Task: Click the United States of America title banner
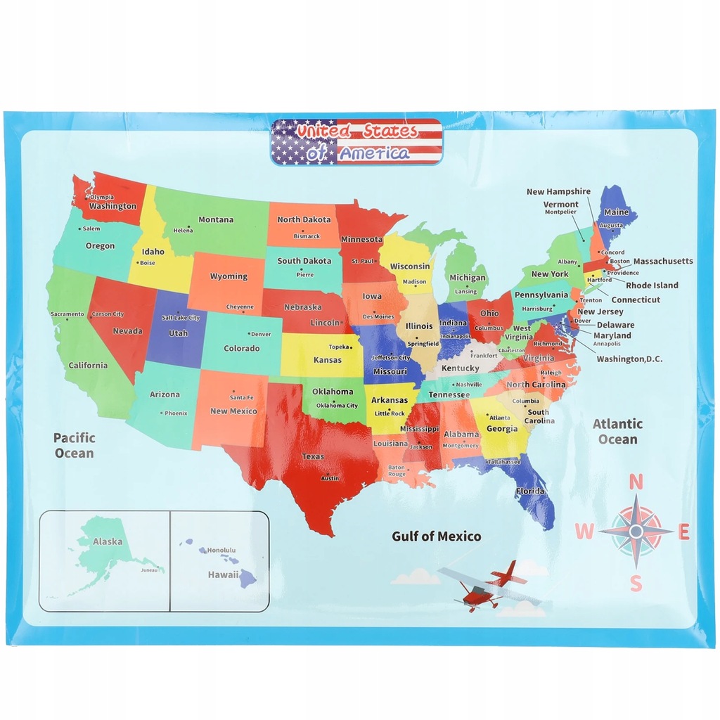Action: coord(356,141)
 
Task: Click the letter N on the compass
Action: coord(636,482)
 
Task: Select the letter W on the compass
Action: coord(584,532)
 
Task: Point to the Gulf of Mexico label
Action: coord(437,536)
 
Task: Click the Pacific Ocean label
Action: coord(75,445)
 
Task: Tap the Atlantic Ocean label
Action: coord(617,431)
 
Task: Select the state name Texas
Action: coord(313,456)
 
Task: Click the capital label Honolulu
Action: coord(221,550)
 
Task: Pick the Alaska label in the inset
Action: coord(108,541)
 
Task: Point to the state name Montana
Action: coord(216,219)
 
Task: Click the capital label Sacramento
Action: coord(67,314)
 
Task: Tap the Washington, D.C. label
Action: coord(629,359)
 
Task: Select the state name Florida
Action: coord(530,490)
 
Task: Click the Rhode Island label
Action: coord(652,285)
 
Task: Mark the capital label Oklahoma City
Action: coord(337,405)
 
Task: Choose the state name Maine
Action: coord(617,212)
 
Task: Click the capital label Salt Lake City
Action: coord(181,318)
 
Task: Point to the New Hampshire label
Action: coord(558,191)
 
